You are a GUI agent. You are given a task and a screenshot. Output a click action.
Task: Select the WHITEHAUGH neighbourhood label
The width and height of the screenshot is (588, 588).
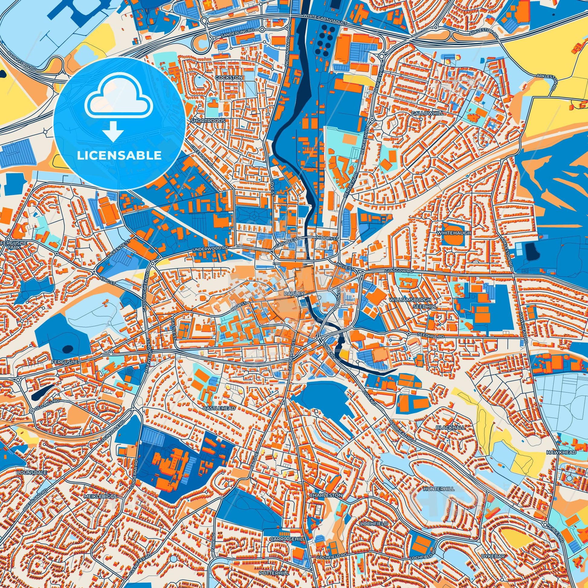454,233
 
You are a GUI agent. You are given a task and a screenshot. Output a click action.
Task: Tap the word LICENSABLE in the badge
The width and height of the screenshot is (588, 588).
119,156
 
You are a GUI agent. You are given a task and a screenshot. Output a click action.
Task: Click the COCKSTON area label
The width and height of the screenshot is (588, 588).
229,78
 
